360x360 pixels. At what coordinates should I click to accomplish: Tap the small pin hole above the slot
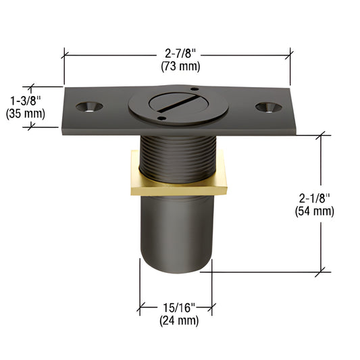point(194,90)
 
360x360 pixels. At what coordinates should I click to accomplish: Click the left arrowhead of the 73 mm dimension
point(66,54)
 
